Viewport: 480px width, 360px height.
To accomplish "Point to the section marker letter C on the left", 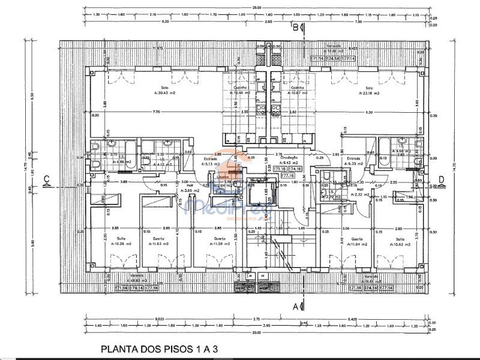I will coord(47,178).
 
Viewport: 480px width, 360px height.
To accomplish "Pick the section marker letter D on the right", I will coord(441,178).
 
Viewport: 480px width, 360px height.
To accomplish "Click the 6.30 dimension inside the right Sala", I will coord(369,112).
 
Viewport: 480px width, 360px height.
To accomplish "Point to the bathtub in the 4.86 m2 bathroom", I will coord(120,146).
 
